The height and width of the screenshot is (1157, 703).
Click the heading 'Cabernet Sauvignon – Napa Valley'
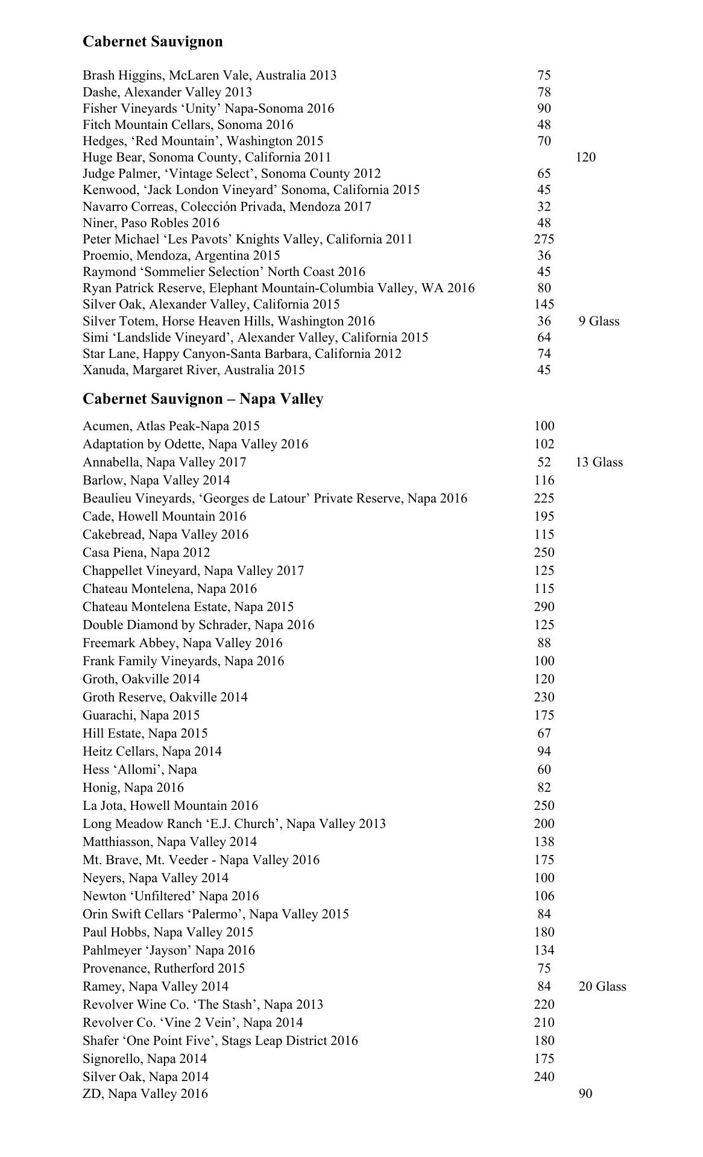click(203, 399)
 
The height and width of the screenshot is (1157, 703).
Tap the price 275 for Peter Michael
click(544, 239)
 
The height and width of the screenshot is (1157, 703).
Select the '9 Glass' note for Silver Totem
click(599, 321)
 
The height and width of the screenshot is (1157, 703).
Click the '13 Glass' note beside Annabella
click(599, 462)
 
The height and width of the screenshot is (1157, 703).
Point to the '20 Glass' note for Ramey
click(602, 986)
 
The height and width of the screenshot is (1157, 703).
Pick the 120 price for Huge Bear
click(585, 157)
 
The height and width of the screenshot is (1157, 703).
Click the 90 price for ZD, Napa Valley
click(585, 1093)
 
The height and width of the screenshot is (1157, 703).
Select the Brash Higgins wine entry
click(209, 75)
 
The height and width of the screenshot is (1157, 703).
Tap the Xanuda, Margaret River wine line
click(194, 370)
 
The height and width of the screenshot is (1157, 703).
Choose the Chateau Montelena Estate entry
click(188, 607)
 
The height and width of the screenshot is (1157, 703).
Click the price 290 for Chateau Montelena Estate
click(544, 607)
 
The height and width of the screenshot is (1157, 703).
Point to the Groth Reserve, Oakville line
click(165, 697)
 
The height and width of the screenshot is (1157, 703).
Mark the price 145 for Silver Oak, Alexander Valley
click(544, 304)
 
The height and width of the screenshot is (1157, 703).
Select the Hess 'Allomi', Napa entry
click(140, 770)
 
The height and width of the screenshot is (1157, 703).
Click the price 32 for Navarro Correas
click(544, 207)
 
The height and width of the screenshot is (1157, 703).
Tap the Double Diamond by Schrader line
click(198, 625)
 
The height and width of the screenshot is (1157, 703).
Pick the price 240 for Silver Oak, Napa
click(544, 1077)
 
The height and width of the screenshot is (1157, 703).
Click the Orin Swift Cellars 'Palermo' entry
click(216, 914)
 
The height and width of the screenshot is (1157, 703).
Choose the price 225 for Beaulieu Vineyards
click(544, 498)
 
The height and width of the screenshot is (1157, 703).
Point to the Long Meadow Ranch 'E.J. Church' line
click(234, 824)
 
